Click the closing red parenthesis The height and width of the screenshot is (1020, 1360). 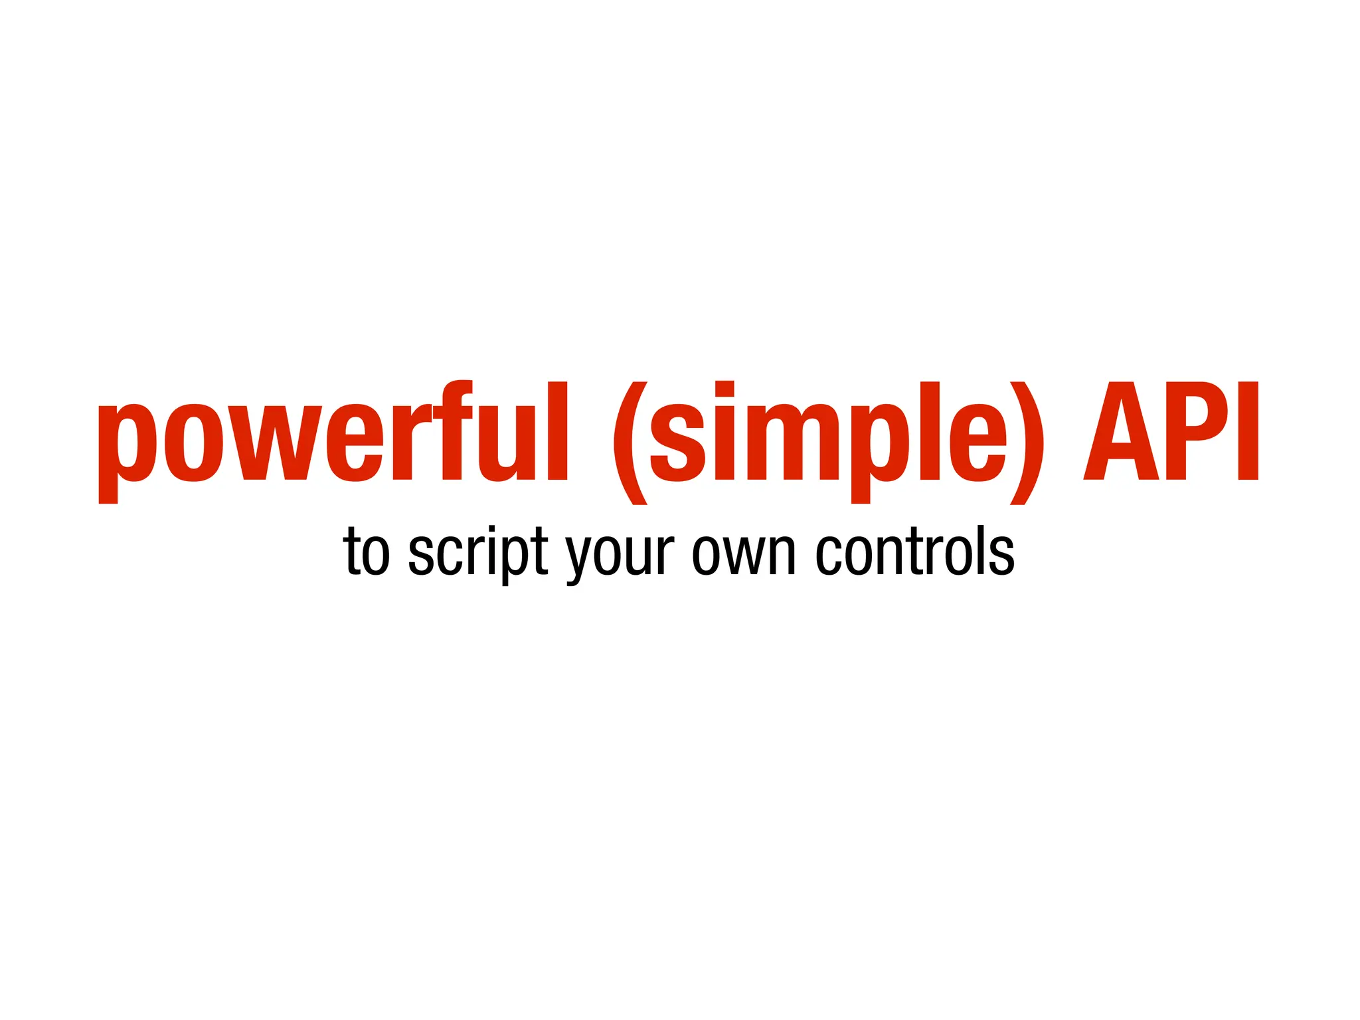[x=1027, y=443]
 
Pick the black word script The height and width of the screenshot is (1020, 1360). [x=478, y=553]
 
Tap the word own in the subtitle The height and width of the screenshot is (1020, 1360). [x=744, y=553]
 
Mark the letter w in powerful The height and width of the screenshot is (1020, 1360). [x=275, y=443]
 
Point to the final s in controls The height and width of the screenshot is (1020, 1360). [x=1001, y=554]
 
